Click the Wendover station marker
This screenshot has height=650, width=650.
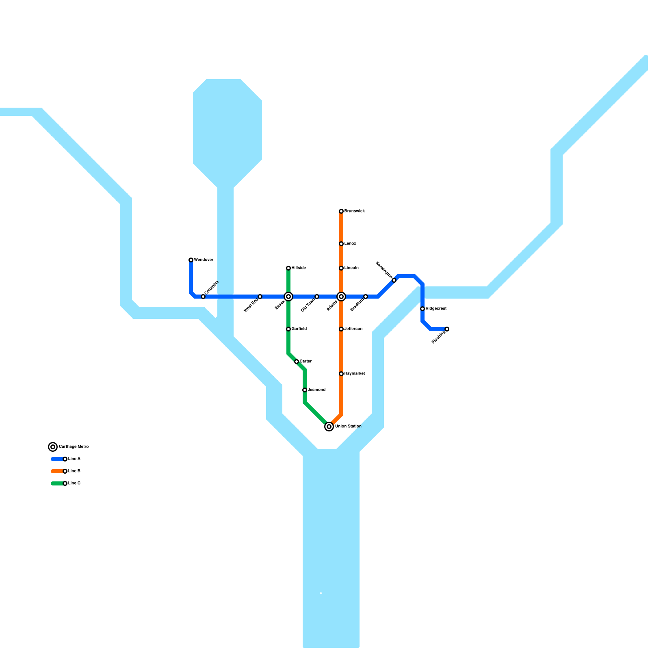click(191, 260)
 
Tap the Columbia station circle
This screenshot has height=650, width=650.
click(203, 297)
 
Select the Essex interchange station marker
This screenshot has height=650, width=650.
click(288, 297)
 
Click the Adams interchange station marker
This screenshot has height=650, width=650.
click(341, 297)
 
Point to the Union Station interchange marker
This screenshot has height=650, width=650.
click(329, 427)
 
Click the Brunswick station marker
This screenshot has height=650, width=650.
click(341, 211)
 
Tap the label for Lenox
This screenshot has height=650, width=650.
click(350, 244)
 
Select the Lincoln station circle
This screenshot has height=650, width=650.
click(341, 268)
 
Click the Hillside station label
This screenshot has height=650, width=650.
click(299, 268)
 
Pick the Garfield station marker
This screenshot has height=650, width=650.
click(288, 329)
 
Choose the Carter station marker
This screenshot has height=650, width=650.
click(297, 362)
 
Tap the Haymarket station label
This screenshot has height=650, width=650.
click(354, 374)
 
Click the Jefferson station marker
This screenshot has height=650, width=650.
click(341, 329)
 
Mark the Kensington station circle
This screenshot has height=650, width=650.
click(394, 280)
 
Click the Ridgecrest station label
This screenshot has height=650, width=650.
click(436, 309)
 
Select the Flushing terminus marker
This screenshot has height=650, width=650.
click(447, 329)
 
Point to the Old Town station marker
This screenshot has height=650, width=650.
click(317, 297)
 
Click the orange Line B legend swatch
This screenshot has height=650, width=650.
click(57, 471)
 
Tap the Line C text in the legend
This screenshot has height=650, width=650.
click(74, 483)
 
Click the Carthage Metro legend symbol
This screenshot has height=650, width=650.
click(53, 447)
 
